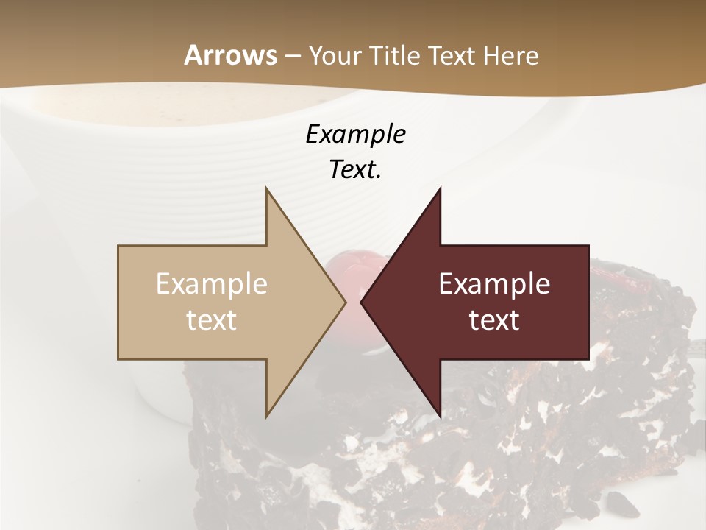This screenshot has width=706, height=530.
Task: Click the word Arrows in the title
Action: coord(230,55)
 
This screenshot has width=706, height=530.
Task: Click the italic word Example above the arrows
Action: coord(355,134)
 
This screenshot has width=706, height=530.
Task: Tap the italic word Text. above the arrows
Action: coord(355,169)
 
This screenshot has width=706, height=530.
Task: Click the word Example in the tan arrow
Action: coord(212,284)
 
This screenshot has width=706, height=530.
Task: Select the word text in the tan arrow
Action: coord(212,320)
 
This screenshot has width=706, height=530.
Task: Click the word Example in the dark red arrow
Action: coord(494,284)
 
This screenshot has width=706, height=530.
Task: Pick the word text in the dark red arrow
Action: coord(494,320)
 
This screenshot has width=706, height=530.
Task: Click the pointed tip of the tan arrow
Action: coord(345,302)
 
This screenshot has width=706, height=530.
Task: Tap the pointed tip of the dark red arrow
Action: coord(362,302)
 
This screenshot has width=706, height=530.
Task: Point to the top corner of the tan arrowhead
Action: coord(267,188)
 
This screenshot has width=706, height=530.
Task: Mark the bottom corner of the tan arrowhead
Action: coord(267,417)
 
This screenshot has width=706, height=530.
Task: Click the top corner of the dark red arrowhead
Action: coord(440,188)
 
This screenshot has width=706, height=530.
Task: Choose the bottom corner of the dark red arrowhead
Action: coord(440,417)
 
